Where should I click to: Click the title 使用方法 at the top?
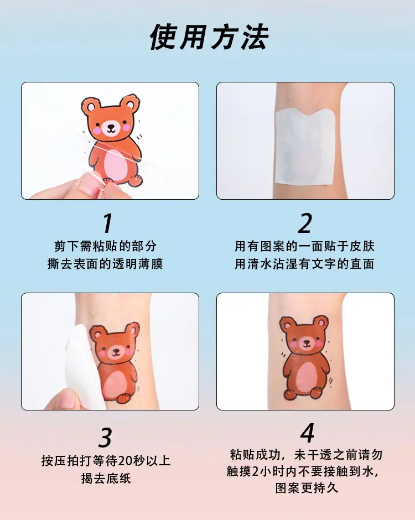point(209,37)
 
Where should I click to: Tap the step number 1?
point(107,223)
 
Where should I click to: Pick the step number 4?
point(307,433)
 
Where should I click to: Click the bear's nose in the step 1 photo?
point(111,126)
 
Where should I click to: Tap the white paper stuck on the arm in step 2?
point(304,146)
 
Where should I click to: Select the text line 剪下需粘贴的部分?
point(106,246)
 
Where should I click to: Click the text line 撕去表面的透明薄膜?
point(106,264)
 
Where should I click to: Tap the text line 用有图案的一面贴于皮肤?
point(304,246)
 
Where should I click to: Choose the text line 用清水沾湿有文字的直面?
point(304,264)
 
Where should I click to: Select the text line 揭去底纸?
point(106,478)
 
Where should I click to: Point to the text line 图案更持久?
point(307,488)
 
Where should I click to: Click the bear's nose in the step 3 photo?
point(116,350)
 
